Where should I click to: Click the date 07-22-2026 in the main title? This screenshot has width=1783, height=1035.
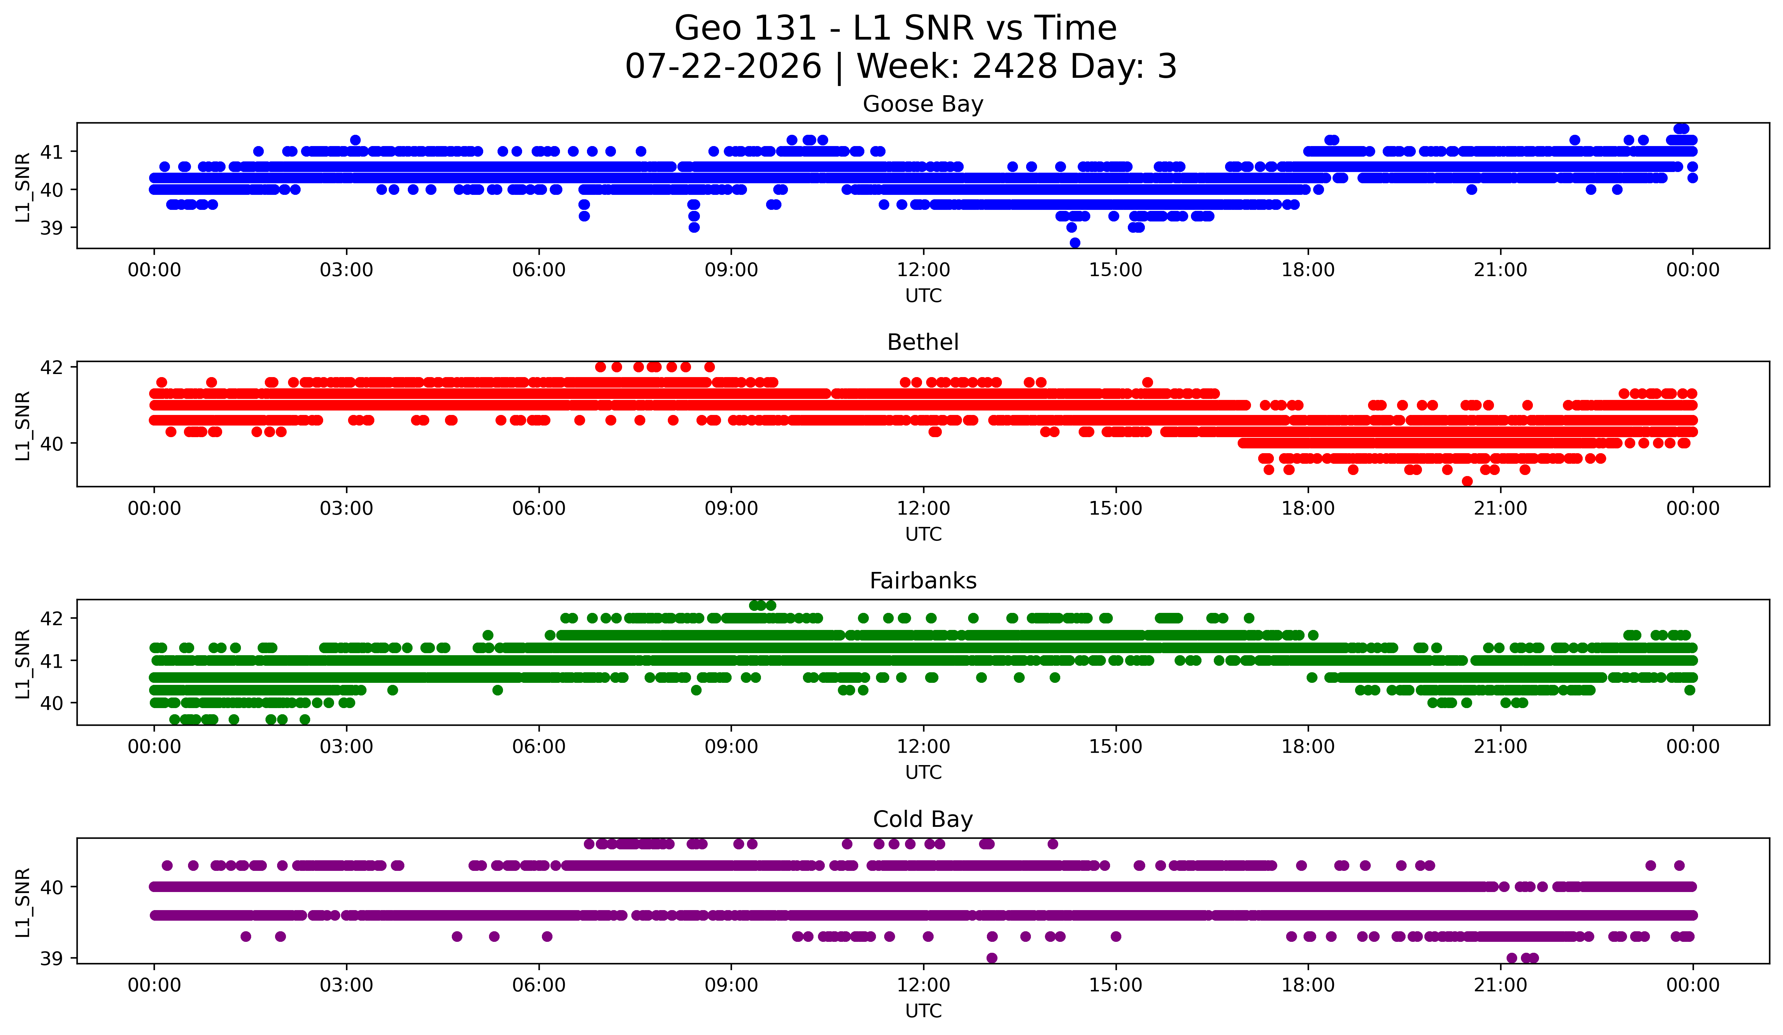723,67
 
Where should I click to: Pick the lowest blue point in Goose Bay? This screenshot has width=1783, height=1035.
1075,243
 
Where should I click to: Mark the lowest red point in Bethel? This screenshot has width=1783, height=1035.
1467,481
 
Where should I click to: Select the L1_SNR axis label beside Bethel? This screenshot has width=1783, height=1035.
23,426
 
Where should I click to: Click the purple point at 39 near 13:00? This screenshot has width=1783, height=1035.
992,958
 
